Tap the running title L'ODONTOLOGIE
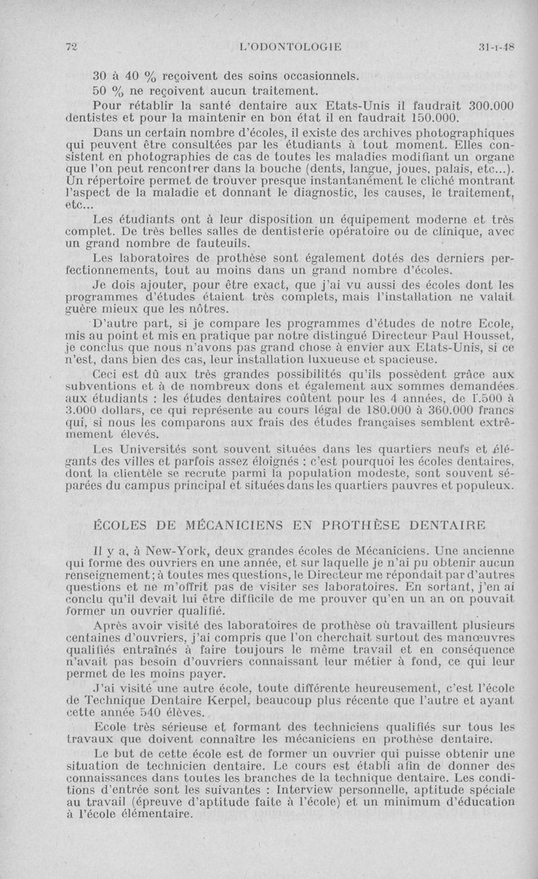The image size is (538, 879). [291, 46]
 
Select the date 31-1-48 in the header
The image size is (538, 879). [496, 46]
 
